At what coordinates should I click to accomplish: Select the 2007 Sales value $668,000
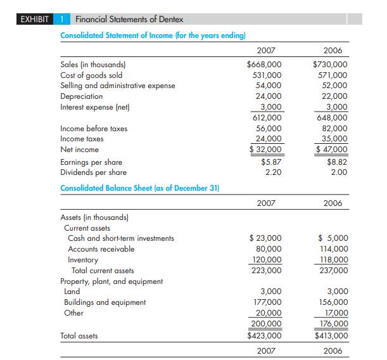(264, 64)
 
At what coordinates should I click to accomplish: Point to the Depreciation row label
(81, 96)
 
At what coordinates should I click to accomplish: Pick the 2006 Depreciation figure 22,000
(333, 96)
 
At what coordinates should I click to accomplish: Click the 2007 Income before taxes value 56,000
(269, 128)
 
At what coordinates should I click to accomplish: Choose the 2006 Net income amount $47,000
(331, 150)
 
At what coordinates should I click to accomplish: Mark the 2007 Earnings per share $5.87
(271, 162)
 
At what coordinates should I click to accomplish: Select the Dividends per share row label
(93, 172)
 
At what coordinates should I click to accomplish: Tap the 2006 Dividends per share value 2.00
(338, 172)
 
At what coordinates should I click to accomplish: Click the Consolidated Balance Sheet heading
(139, 188)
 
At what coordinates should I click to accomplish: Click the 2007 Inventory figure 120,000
(267, 260)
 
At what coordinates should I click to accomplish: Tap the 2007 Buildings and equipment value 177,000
(267, 302)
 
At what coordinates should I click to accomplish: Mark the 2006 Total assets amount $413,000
(331, 336)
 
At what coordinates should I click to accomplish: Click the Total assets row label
(79, 336)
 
